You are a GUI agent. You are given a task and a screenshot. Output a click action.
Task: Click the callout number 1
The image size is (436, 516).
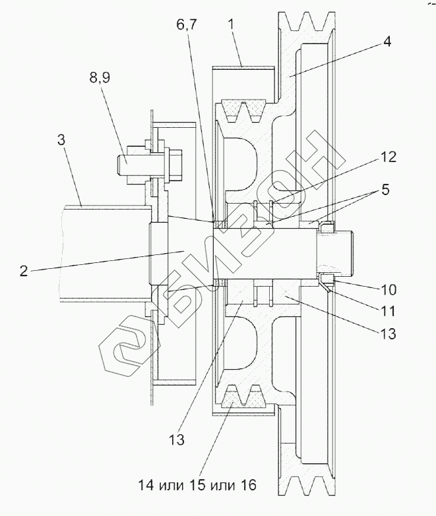232,25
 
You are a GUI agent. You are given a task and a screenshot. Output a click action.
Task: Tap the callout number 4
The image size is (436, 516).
387,42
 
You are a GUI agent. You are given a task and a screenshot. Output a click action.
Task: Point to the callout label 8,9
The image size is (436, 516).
99,78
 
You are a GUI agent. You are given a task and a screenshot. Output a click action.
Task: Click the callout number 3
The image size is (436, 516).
61,140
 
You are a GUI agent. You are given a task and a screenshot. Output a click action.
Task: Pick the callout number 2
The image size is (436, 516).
24,271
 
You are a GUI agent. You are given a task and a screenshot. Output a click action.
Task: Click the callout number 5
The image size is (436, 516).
385,190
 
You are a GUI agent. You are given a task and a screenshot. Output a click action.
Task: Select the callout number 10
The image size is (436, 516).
389,289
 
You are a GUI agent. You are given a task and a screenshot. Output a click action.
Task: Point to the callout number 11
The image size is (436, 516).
388,311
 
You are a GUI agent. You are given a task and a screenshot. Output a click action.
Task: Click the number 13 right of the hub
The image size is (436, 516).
388,333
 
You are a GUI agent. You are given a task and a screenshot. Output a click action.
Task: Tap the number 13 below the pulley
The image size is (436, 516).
176,440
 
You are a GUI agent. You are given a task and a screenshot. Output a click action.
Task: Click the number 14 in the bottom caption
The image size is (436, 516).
146,485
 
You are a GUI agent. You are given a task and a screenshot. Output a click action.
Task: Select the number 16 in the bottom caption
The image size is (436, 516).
247,485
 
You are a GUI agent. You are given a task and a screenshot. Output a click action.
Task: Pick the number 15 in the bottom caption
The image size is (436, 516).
197,485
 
